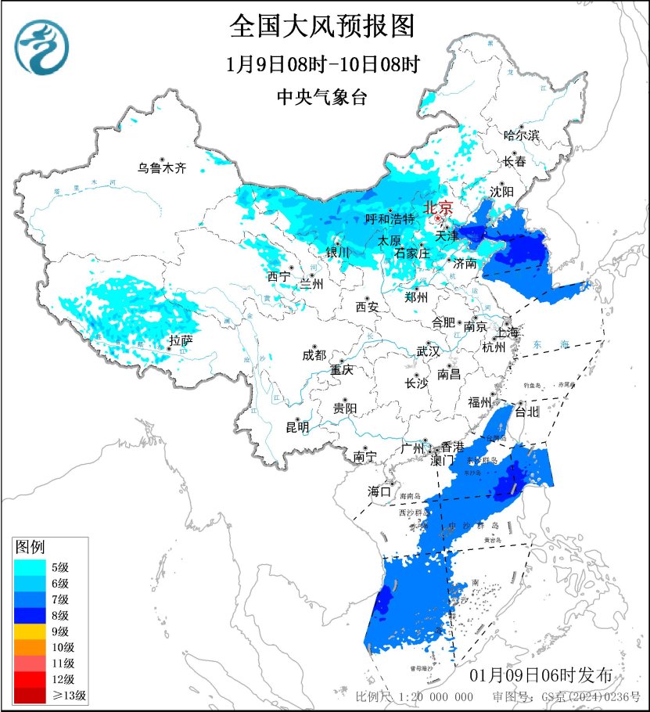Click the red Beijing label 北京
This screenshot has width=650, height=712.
438,207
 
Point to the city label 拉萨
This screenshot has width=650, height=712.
181,340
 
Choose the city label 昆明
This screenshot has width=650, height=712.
297,427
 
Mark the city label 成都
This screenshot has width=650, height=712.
314,354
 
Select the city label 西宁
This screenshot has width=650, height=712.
278,275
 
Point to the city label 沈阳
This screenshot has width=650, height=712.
502,191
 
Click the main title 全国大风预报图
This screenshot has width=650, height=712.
321,27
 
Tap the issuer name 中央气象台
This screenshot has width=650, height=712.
321,97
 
